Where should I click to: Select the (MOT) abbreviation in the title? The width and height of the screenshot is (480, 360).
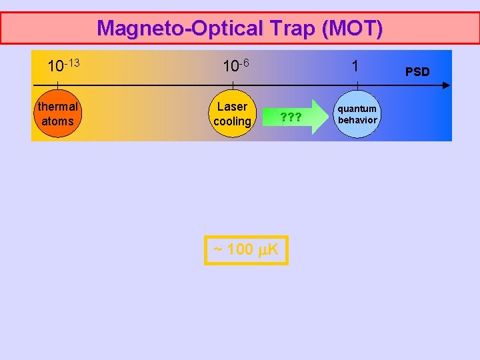coord(350,28)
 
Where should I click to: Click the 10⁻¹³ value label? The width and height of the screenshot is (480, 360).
coord(63,66)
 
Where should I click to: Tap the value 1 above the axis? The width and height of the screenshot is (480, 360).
coord(355,66)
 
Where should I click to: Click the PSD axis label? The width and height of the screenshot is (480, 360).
coord(417,71)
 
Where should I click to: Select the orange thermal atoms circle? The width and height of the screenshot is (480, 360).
coord(57,114)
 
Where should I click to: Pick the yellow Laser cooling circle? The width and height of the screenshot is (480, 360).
coord(232,114)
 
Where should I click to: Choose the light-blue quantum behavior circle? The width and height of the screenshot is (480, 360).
coord(356,114)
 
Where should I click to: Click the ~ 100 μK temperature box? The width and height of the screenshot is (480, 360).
coord(246,250)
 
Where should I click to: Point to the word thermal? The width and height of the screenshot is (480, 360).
coord(57,107)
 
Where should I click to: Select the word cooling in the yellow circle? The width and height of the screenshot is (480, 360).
coord(232,121)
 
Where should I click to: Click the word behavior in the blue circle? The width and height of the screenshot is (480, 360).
coord(357,120)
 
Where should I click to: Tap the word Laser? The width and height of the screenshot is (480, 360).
coord(232,107)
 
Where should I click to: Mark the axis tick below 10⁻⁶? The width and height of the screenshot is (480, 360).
coord(232,85)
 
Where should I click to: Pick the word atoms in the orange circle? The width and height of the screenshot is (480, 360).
coord(57,121)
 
